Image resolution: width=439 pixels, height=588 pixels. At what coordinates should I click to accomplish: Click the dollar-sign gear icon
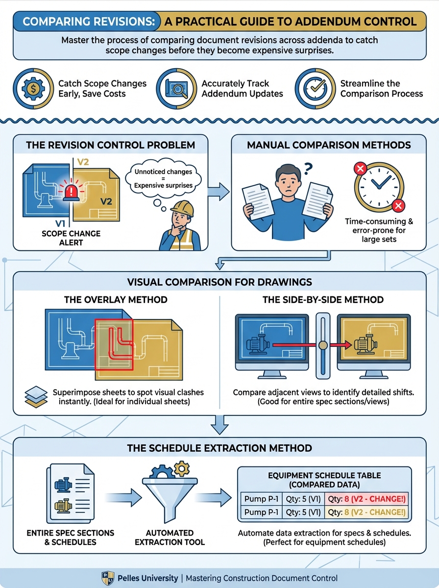tap(32, 89)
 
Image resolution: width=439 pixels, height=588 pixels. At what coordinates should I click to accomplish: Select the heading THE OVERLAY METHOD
tap(116, 299)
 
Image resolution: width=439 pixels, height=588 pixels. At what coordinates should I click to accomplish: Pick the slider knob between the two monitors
tap(322, 345)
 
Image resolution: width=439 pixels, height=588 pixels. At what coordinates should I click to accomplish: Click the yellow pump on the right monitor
tap(364, 345)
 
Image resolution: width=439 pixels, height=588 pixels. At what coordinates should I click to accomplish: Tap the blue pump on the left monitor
tap(257, 345)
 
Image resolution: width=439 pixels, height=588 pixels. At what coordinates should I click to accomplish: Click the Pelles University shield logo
tap(108, 578)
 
